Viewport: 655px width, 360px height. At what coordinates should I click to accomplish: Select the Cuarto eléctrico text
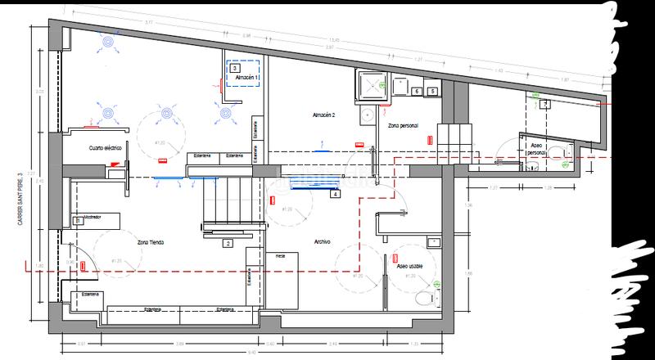(106, 148)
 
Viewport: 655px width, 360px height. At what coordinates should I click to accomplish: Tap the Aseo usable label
(410, 266)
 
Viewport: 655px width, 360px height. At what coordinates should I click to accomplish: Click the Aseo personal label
(535, 147)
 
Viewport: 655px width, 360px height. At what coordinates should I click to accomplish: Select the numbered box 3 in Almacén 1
(235, 69)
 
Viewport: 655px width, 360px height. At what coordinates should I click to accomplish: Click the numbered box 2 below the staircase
(228, 243)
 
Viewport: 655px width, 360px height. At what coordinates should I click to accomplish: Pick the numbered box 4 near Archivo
(335, 193)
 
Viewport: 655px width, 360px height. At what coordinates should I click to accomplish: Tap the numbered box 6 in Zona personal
(417, 92)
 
